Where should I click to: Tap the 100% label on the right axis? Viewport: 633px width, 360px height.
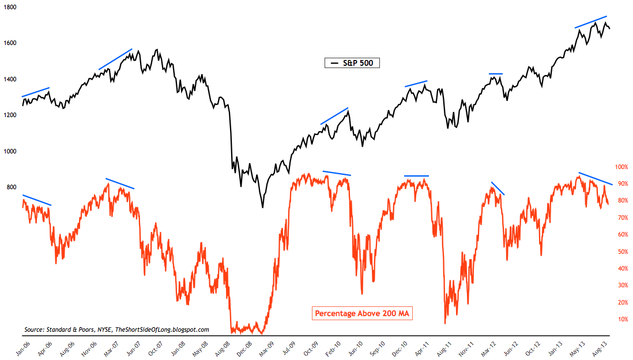(x=621, y=167)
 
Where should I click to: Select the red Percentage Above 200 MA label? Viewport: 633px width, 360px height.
(x=364, y=314)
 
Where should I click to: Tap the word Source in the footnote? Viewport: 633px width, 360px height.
(x=35, y=329)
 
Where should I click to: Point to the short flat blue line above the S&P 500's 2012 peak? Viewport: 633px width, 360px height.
(x=496, y=74)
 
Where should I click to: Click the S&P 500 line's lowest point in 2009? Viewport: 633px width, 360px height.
(x=263, y=207)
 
